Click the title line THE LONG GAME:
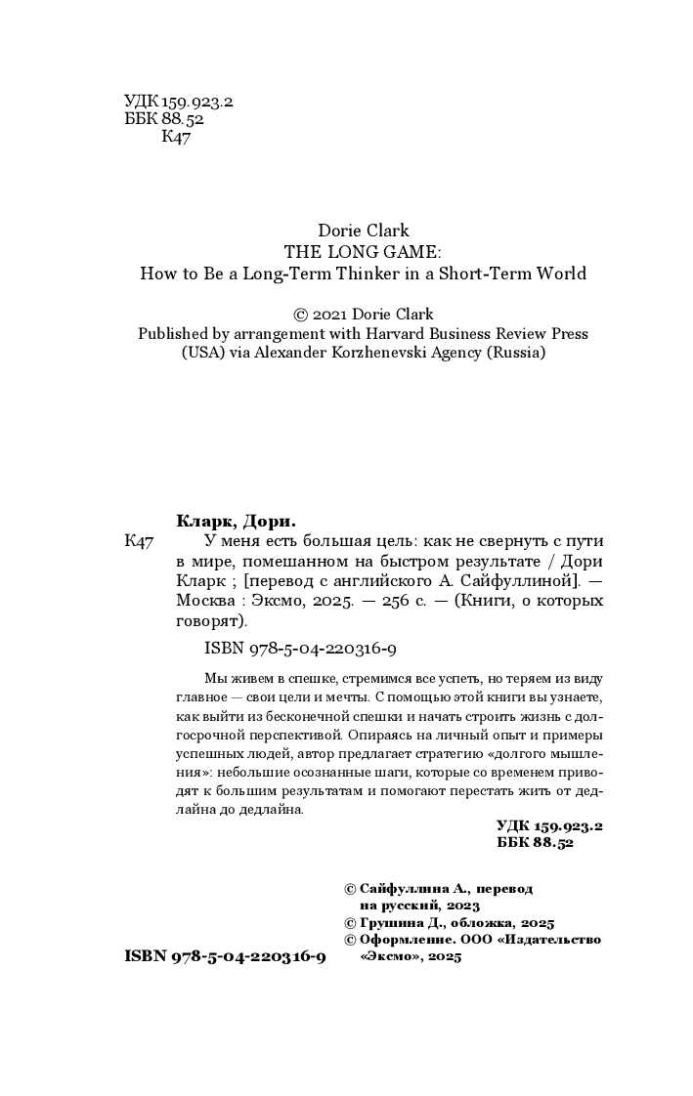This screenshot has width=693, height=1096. click(x=364, y=252)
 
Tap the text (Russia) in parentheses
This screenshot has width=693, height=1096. click(x=516, y=354)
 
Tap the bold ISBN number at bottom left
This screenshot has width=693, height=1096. click(x=225, y=957)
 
